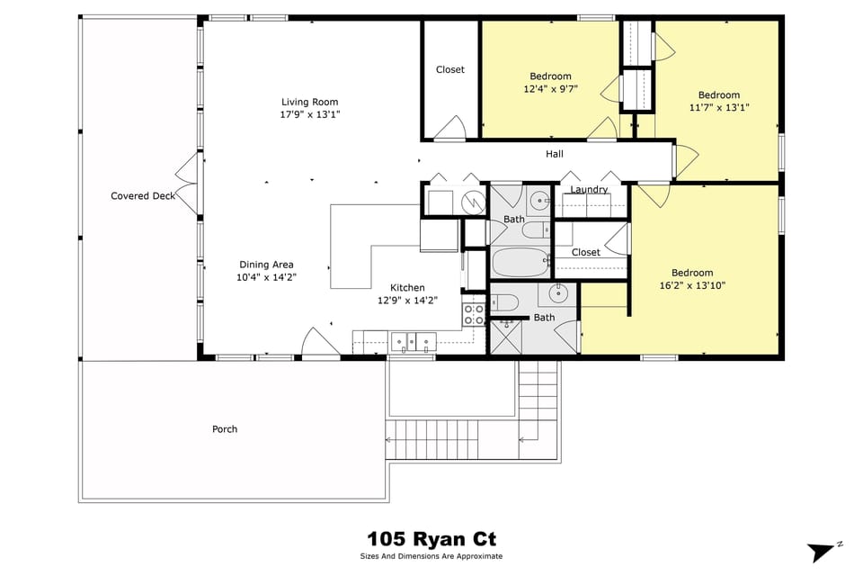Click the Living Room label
[x=309, y=102]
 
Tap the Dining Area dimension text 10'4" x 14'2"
[x=266, y=278]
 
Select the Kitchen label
[x=406, y=287]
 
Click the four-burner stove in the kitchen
[x=474, y=314]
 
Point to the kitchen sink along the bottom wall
[x=414, y=340]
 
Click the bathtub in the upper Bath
[x=520, y=263]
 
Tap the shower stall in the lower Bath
[x=503, y=338]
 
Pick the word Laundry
[x=589, y=190]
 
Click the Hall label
[x=555, y=154]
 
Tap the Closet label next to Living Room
[x=449, y=69]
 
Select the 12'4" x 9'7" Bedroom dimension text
[x=550, y=90]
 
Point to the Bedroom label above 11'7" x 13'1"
[x=719, y=95]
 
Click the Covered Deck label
[x=143, y=196]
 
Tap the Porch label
[x=225, y=429]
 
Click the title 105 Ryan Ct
[x=431, y=539]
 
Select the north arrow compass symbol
[x=821, y=552]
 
